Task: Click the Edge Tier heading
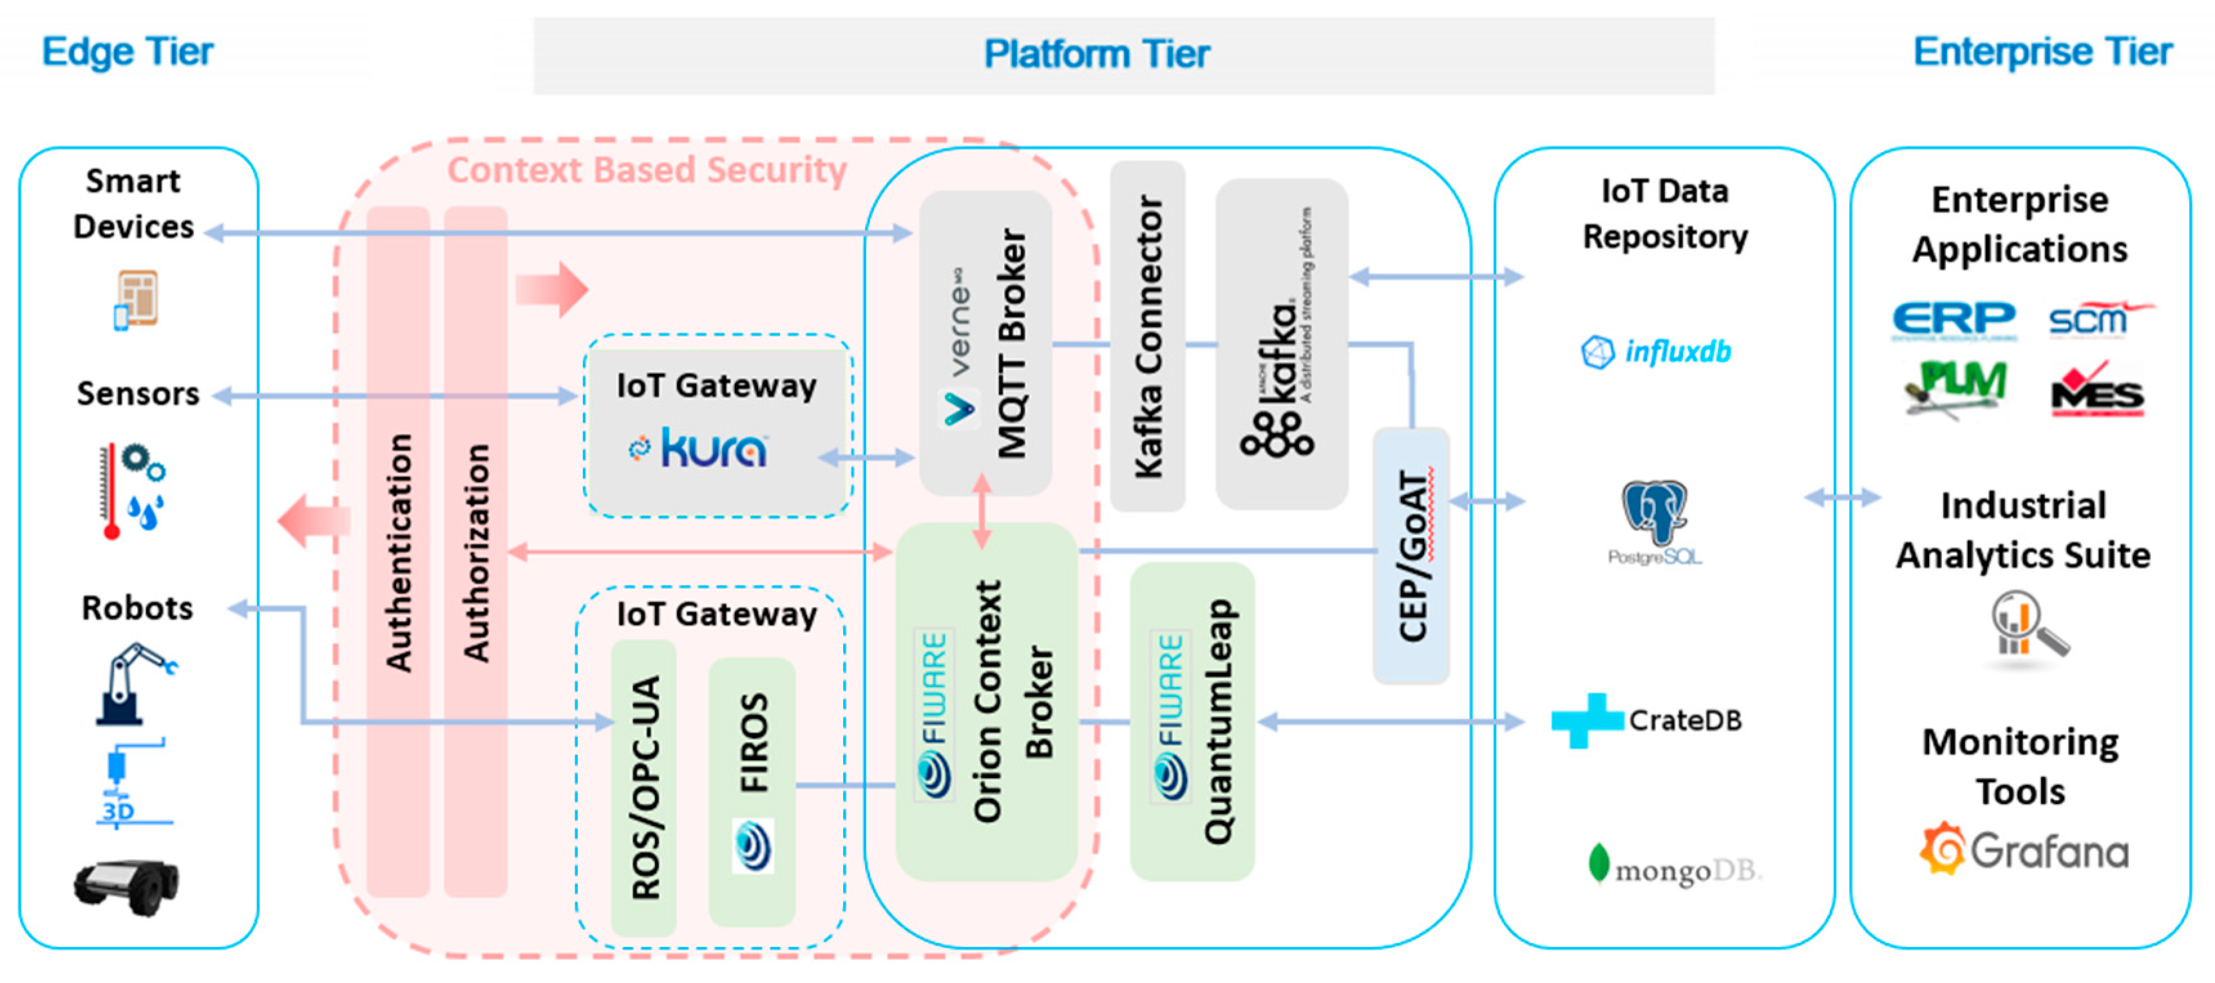(x=128, y=51)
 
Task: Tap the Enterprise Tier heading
(x=2042, y=51)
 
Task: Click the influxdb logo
(x=1656, y=351)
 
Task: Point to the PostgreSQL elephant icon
(x=1653, y=514)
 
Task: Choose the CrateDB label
(x=1684, y=720)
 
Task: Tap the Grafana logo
(x=2024, y=850)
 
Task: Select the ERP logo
(x=1954, y=320)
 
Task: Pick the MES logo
(x=2096, y=391)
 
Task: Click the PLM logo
(x=1955, y=387)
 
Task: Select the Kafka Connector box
(x=1147, y=336)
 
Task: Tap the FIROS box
(x=752, y=791)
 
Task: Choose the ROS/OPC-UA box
(x=644, y=786)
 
